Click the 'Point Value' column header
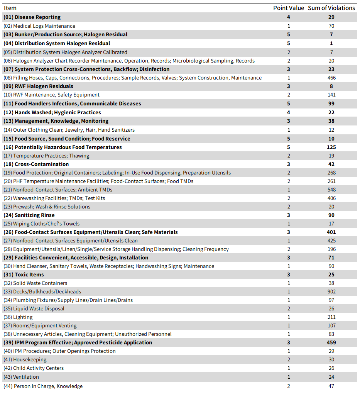tap(288, 8)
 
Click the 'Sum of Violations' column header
tap(331, 8)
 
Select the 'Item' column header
tap(10, 8)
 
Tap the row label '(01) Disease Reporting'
tap(32, 17)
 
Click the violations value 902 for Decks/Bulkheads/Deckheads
tap(331, 291)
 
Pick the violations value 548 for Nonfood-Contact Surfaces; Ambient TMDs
tap(331, 190)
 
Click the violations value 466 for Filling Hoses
tap(331, 78)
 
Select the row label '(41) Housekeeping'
tap(25, 359)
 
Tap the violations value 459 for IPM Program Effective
tap(331, 342)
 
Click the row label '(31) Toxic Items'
tap(24, 274)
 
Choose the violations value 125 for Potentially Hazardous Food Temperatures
tap(331, 147)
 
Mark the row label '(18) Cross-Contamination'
tap(36, 164)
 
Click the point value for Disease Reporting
tap(288, 17)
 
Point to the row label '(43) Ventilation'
tap(21, 377)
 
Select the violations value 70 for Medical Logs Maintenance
tap(331, 26)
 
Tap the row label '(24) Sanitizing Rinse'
tap(29, 215)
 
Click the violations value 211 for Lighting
tap(331, 317)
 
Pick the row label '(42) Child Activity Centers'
tap(34, 368)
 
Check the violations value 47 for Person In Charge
tap(331, 386)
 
